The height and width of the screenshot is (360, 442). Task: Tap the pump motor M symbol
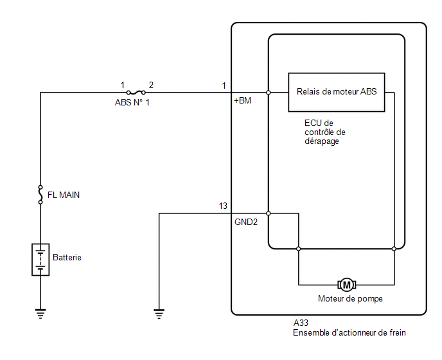[347, 285]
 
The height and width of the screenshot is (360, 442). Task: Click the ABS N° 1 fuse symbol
[136, 93]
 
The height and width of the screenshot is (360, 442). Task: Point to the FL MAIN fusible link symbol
[40, 195]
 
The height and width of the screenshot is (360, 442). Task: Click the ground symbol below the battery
[40, 314]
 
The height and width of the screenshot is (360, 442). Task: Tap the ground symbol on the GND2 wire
[159, 314]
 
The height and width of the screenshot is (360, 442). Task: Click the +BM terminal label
[242, 101]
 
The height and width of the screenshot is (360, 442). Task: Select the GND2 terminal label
[246, 222]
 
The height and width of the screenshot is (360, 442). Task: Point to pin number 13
[223, 206]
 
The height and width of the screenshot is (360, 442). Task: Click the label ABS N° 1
[132, 102]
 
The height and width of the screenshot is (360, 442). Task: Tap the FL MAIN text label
[64, 195]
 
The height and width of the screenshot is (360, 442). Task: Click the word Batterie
[67, 257]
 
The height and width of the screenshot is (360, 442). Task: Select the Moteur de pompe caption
[350, 298]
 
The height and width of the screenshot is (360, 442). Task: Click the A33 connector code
[301, 323]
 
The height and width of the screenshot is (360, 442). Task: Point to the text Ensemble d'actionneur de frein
[349, 332]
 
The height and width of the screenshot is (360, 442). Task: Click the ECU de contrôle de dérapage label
[324, 132]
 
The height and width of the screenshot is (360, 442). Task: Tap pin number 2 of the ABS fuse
[151, 85]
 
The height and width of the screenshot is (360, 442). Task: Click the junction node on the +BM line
[269, 93]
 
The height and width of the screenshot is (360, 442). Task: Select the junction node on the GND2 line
[269, 213]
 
